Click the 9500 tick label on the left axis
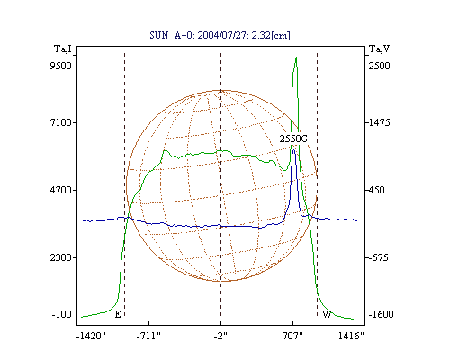[x=61, y=66]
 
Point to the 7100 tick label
[x=61, y=122]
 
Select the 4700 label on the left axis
[x=61, y=190]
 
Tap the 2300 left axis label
[x=61, y=257]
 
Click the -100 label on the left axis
[x=62, y=314]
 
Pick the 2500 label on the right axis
[x=379, y=66]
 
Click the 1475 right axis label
[x=380, y=122]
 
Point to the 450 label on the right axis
[x=377, y=190]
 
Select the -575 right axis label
[x=379, y=257]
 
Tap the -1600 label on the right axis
[x=381, y=314]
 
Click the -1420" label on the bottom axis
[x=91, y=336]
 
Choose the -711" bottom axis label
[x=148, y=336]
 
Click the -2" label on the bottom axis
[x=220, y=336]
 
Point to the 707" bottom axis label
[x=292, y=336]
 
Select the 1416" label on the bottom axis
[x=351, y=336]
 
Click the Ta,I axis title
[x=63, y=49]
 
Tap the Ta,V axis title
[x=380, y=49]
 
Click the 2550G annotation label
[x=293, y=139]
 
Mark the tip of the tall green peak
[x=296, y=57]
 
